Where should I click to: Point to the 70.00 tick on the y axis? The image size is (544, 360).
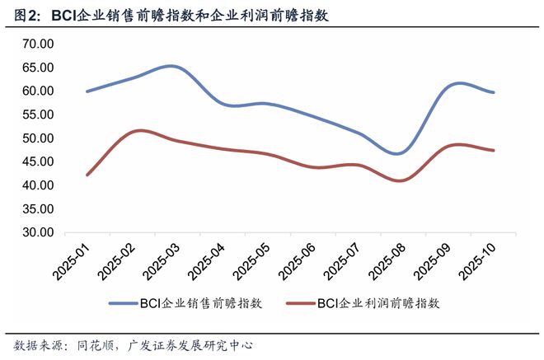tap(37, 43)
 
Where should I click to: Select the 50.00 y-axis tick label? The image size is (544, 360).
tap(37, 138)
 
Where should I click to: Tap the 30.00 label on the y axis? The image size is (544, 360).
tap(37, 232)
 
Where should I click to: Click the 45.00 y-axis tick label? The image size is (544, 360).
tap(37, 161)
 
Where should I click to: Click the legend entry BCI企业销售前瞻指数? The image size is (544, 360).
tap(201, 303)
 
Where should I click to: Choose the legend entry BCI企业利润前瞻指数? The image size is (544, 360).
tap(378, 303)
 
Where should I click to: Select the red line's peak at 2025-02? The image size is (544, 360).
tap(139, 130)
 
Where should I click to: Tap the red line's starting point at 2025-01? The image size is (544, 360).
tap(87, 175)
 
